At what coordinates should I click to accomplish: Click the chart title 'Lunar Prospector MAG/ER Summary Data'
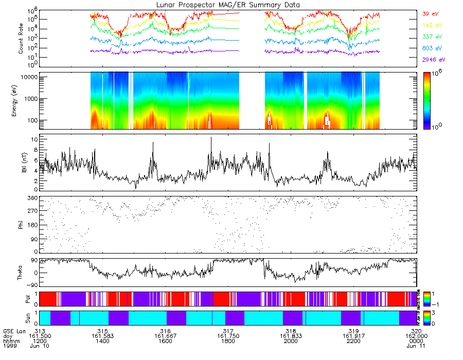[228, 5]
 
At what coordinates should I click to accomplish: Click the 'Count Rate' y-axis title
[21, 38]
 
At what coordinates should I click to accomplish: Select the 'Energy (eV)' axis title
[21, 101]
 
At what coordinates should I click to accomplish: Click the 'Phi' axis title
[21, 224]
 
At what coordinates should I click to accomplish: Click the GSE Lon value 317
[228, 331]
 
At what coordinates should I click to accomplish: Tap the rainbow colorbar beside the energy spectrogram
[427, 101]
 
